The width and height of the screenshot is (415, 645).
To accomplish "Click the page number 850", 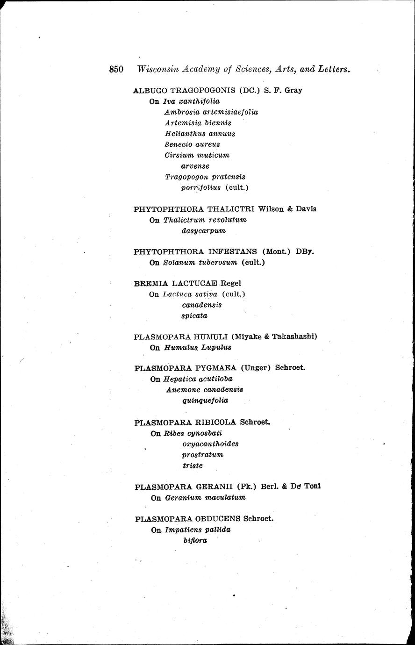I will click(x=116, y=69).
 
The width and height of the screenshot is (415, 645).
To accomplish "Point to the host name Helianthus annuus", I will click(x=200, y=134).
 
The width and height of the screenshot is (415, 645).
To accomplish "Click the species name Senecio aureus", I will click(x=192, y=144).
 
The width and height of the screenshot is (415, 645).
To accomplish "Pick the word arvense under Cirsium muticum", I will click(x=195, y=166).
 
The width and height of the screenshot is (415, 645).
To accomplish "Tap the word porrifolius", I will click(x=200, y=188).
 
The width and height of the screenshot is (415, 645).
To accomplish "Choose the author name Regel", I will click(x=231, y=283).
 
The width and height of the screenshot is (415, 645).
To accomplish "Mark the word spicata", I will click(x=194, y=315).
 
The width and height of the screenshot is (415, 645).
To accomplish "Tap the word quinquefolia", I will click(x=205, y=401).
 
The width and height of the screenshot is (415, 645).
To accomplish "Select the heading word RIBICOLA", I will click(x=215, y=423).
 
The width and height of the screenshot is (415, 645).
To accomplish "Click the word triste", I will click(x=193, y=466).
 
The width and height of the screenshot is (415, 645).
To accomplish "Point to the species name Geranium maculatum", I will click(x=205, y=498).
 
